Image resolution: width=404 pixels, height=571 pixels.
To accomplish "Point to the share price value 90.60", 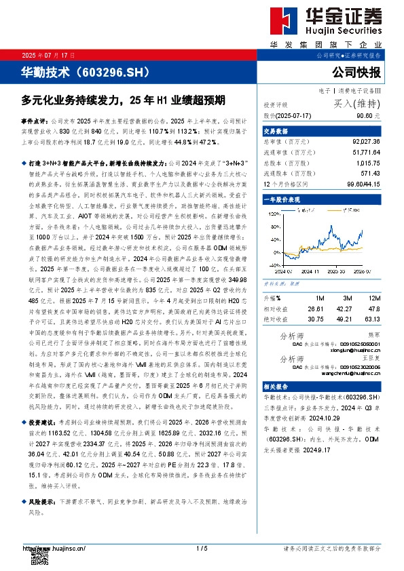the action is click(x=372, y=115).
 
